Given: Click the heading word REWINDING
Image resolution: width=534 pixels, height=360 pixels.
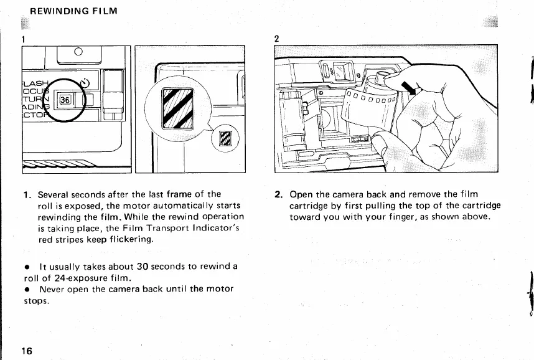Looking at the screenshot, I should pyautogui.click(x=49, y=11).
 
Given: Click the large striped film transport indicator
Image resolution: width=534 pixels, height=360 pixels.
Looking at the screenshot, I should pyautogui.click(x=177, y=108).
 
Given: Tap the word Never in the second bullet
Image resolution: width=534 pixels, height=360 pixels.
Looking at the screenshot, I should pyautogui.click(x=53, y=289).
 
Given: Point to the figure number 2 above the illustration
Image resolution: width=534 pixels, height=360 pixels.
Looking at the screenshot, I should pyautogui.click(x=276, y=39).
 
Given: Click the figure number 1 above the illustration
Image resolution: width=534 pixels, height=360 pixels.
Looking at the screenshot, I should pyautogui.click(x=24, y=39).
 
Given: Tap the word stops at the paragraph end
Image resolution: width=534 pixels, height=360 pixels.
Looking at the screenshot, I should pyautogui.click(x=35, y=300).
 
